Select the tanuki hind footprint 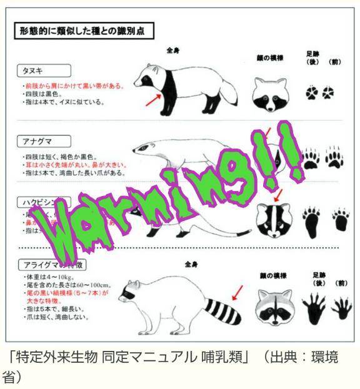click(311, 92)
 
